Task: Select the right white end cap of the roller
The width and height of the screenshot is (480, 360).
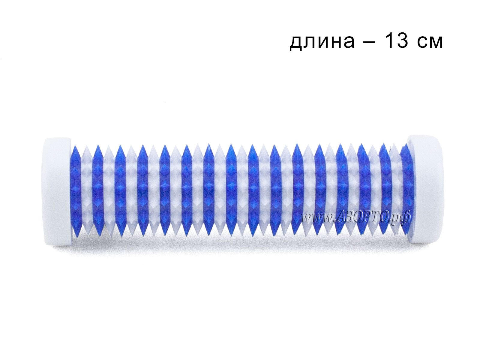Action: (x=423, y=189)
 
